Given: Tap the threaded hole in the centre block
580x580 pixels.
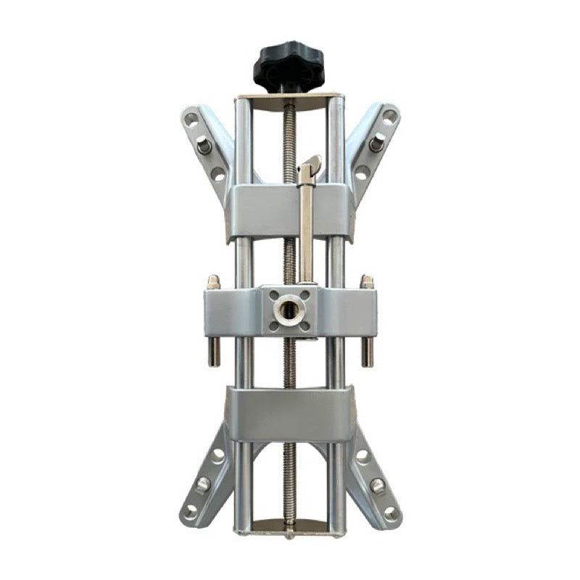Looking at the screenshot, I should (284, 309).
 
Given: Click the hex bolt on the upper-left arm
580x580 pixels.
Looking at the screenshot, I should (204, 146).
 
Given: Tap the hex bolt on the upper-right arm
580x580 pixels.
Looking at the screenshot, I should (376, 144).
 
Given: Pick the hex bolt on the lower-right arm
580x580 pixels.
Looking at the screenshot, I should (377, 484).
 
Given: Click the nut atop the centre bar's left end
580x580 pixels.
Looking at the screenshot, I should (214, 281).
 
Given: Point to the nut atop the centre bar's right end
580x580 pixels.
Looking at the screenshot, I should (367, 281).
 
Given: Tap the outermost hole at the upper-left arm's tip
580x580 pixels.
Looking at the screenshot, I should (191, 118).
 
